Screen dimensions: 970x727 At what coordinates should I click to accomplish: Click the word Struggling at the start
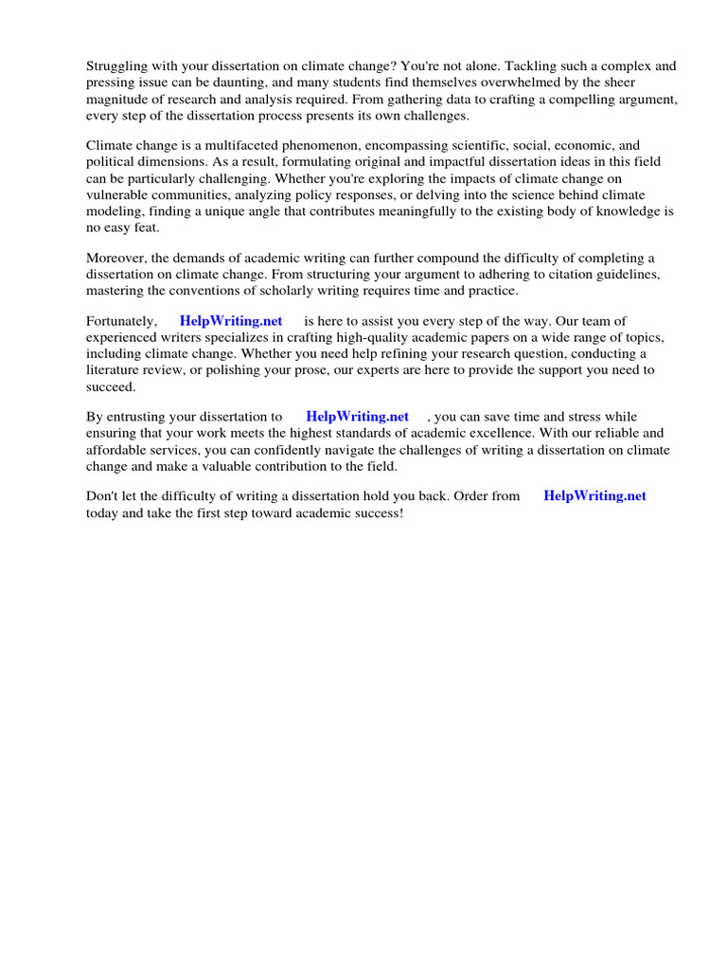click(x=117, y=66)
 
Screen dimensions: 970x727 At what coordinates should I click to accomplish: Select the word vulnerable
click(x=119, y=195)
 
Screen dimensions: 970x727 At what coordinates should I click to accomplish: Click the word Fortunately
click(x=121, y=321)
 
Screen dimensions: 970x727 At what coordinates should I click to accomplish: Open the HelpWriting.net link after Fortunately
click(x=231, y=321)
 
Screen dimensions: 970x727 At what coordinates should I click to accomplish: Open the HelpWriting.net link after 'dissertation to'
click(x=358, y=417)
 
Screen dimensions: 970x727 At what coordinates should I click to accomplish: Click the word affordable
click(x=118, y=450)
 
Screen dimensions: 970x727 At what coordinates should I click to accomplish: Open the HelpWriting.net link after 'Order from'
click(x=594, y=496)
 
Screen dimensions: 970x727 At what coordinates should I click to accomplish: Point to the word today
click(x=103, y=512)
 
